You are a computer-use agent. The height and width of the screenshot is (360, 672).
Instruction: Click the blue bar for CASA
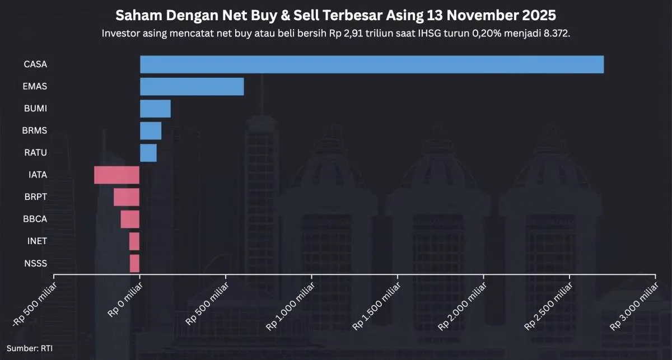[371, 64]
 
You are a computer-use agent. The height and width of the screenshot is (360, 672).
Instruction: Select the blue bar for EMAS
[192, 87]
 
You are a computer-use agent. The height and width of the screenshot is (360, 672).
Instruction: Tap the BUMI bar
[155, 109]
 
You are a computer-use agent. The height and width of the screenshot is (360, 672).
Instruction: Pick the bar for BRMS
[151, 130]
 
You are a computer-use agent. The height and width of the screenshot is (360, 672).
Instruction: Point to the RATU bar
[148, 153]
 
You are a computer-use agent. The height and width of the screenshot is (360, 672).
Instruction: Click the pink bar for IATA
[116, 175]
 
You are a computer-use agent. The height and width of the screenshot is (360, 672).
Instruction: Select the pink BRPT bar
[127, 197]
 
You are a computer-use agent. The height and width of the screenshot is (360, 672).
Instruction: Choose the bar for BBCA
[130, 219]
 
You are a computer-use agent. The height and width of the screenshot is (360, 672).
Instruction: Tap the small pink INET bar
[134, 241]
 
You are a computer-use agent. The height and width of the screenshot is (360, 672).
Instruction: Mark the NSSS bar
[134, 263]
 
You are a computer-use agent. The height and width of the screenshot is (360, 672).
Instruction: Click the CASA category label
[35, 64]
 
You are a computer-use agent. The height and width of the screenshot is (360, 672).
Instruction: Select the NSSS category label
[36, 263]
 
